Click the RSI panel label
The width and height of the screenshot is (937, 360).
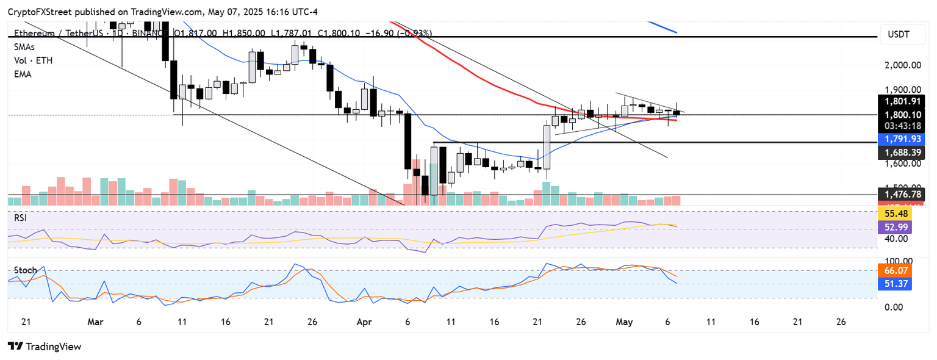point(21,217)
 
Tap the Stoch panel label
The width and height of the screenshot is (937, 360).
point(25,270)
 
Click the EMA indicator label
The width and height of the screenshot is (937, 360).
point(23,74)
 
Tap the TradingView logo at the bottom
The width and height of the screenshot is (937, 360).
point(45,347)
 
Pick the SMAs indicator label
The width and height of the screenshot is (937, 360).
point(24,47)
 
